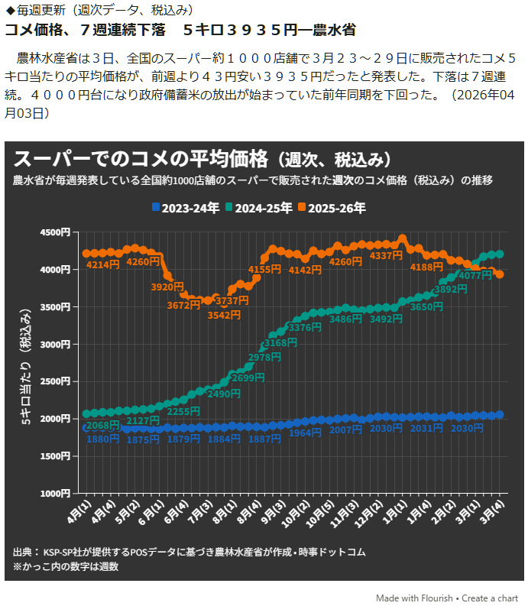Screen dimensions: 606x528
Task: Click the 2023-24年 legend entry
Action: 185,207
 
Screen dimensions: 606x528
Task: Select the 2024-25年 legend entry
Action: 260,207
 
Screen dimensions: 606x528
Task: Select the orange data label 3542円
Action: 225,315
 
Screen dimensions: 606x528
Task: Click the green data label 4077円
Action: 475,275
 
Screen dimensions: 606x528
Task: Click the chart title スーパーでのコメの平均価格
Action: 141,159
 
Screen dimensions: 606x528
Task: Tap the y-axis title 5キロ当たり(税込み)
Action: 26,367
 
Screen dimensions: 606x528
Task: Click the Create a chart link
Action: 490,598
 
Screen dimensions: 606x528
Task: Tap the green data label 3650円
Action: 426,307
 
